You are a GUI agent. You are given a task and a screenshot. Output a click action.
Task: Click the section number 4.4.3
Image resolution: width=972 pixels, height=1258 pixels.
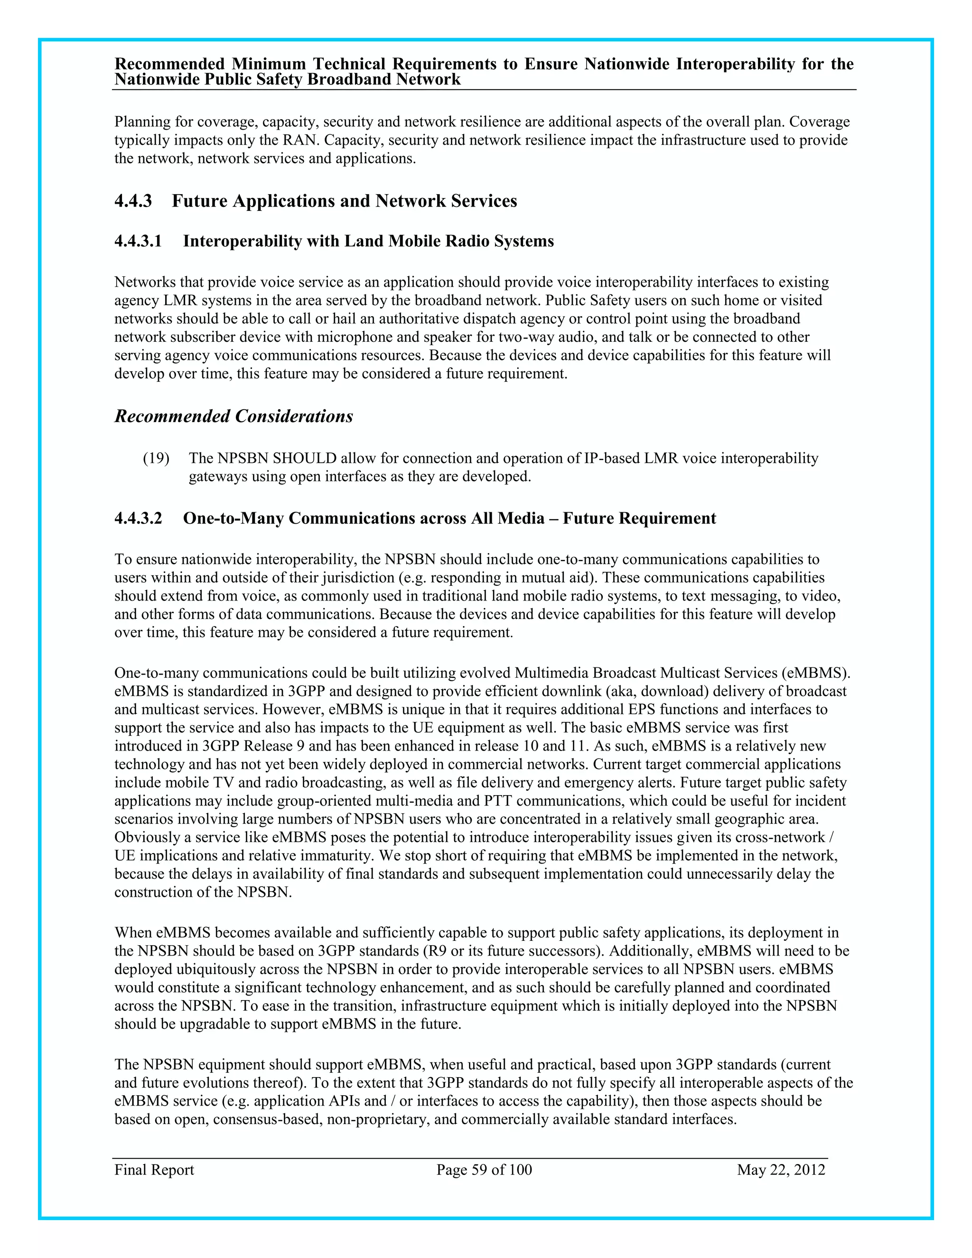coord(133,201)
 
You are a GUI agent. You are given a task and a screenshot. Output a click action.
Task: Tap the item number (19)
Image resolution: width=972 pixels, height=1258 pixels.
coord(156,459)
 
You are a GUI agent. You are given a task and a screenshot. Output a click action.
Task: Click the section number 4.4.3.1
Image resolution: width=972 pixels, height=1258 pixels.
coord(138,241)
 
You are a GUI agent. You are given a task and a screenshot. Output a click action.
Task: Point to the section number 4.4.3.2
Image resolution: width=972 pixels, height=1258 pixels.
coord(138,518)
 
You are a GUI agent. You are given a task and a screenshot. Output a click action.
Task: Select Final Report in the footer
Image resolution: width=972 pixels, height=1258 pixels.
coord(154,1170)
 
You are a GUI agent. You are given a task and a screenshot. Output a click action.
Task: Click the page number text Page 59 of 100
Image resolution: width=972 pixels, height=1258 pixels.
coord(484,1170)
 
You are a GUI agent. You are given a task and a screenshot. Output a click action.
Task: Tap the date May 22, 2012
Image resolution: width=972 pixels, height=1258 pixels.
coord(781,1170)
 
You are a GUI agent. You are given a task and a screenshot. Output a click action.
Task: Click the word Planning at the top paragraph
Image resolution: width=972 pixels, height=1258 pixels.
coord(142,122)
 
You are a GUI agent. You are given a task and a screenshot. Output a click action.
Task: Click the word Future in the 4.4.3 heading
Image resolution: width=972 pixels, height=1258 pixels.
coord(199,201)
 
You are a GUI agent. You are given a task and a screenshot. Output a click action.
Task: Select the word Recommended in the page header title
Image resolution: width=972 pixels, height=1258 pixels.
coord(170,64)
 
